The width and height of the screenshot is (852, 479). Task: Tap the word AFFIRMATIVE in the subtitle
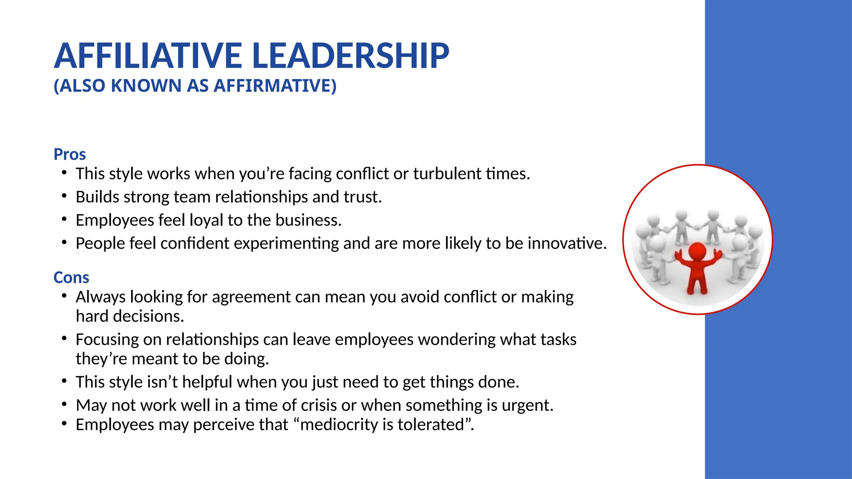click(x=275, y=86)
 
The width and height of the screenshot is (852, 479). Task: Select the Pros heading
click(x=69, y=154)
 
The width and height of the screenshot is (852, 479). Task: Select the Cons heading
click(x=71, y=277)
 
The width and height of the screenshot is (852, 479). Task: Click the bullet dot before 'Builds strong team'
click(x=64, y=195)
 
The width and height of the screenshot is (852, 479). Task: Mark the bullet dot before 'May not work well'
click(x=64, y=403)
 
